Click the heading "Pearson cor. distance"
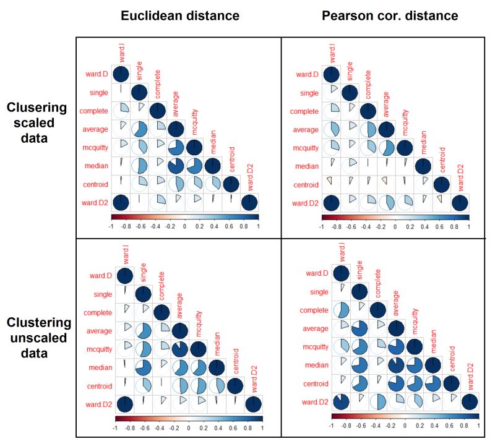390,15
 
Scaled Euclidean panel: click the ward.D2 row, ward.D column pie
121,202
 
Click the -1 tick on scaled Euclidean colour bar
111,227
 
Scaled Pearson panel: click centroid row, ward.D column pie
332,184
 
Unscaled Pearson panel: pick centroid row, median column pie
433,383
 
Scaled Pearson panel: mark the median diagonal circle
423,166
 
